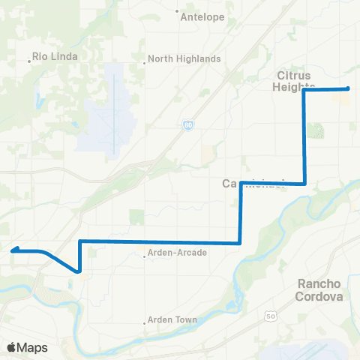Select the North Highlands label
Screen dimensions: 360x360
(184, 58)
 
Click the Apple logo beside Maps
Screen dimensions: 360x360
(12, 347)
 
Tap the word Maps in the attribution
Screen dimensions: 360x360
(34, 347)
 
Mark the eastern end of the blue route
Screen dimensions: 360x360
(348, 89)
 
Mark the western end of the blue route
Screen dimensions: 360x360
(13, 251)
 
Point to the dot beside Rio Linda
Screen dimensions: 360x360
(29, 61)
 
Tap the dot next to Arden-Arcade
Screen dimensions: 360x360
(144, 256)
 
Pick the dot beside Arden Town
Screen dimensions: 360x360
(144, 323)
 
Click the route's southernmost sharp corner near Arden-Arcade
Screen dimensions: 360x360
(79, 271)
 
